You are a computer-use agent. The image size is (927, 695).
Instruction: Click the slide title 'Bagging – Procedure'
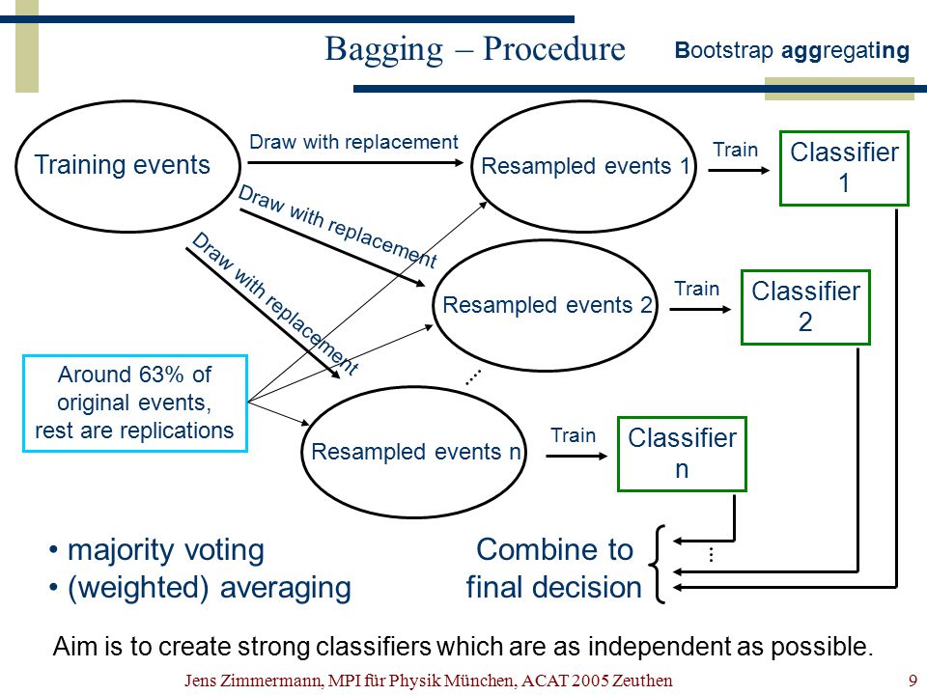click(x=475, y=49)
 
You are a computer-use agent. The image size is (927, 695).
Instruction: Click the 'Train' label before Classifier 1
click(x=735, y=151)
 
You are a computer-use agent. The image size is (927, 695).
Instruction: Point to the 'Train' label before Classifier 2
click(x=696, y=289)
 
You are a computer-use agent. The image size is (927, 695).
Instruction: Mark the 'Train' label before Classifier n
click(x=573, y=435)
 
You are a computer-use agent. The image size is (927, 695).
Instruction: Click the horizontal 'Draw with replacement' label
click(x=353, y=143)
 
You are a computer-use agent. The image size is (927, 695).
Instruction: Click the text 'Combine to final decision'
click(x=554, y=569)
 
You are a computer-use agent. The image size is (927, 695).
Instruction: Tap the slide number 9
click(x=913, y=681)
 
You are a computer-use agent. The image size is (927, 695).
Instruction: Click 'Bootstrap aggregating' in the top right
click(x=792, y=51)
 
